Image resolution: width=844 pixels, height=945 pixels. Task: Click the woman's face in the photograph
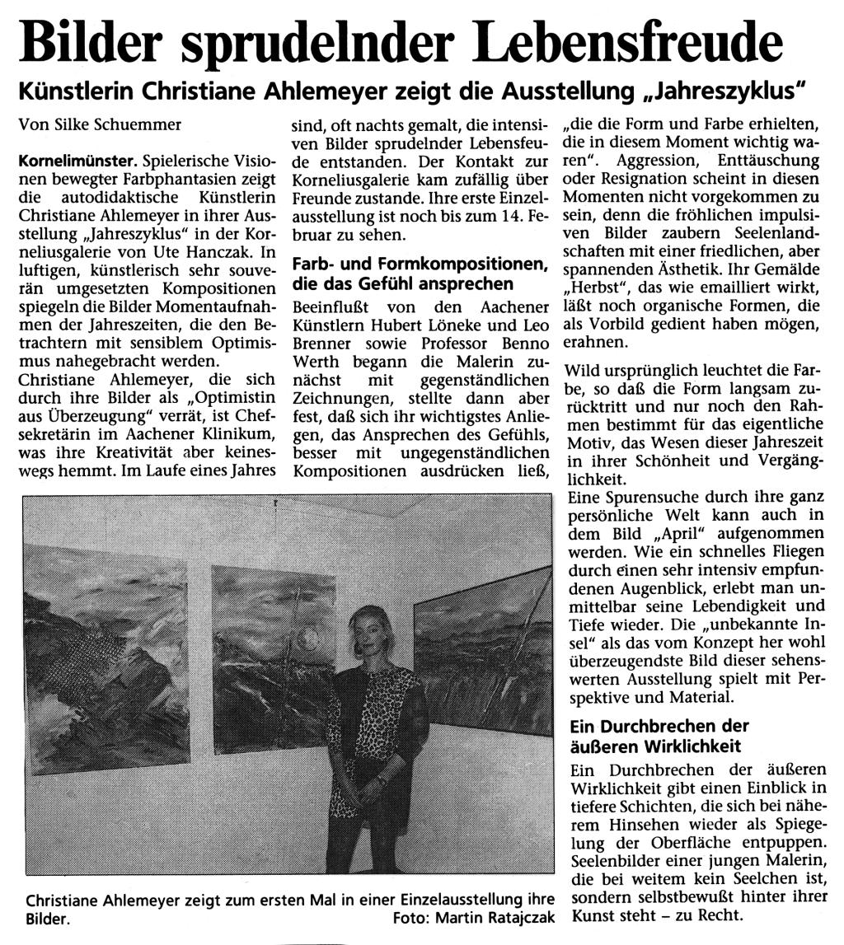369,631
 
